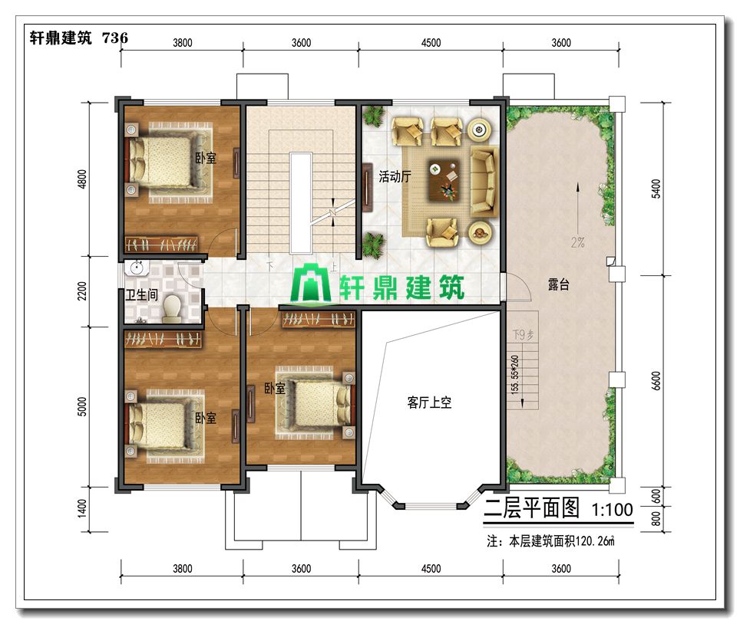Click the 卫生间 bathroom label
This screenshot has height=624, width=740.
click(141, 295)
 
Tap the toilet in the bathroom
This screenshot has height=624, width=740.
click(172, 307)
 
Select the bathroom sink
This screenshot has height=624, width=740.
click(137, 268)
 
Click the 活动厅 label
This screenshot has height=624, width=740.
click(395, 177)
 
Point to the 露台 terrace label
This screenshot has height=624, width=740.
click(558, 284)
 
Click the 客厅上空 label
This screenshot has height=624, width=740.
click(429, 402)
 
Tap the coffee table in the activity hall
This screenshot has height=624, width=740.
click(444, 180)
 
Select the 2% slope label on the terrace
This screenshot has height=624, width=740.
click(578, 243)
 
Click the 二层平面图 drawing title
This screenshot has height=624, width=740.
click(531, 508)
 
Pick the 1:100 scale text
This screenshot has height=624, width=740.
click(612, 510)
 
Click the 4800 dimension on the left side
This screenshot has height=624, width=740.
click(82, 179)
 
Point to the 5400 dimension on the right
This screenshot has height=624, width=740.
click(656, 189)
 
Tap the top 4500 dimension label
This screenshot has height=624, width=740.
click(431, 43)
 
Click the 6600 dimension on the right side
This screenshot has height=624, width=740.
click(656, 381)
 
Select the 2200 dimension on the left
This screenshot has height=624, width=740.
click(82, 291)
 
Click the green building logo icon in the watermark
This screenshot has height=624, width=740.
click(311, 283)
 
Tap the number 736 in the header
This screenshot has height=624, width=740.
click(114, 38)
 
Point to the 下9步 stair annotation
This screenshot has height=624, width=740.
click(523, 335)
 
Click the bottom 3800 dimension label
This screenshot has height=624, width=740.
click(182, 569)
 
